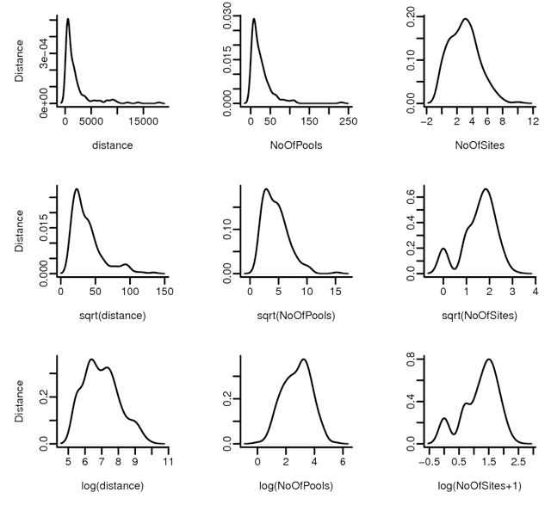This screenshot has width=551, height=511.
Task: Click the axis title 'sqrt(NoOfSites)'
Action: coord(483,315)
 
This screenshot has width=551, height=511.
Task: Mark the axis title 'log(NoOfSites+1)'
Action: coord(483,485)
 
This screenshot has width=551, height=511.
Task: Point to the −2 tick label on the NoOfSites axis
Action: coord(426,122)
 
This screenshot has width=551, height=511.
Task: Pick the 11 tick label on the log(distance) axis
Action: coord(167,463)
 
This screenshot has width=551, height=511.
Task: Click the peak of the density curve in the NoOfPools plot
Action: coord(254,20)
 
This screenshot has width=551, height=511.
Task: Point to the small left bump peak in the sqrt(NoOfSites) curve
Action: coord(443,249)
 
